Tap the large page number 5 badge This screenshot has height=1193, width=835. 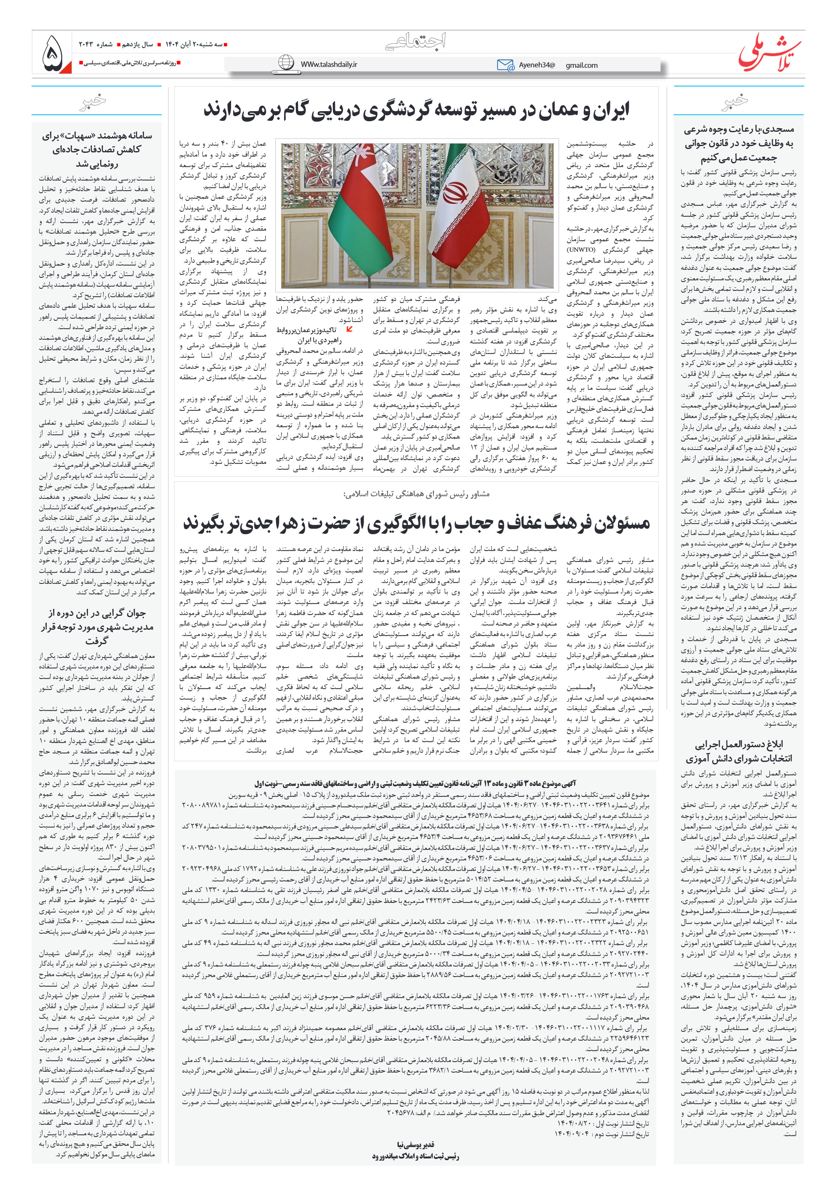click(x=53, y=53)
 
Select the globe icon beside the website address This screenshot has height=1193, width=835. click(x=286, y=63)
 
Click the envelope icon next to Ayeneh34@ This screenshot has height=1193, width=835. click(x=505, y=65)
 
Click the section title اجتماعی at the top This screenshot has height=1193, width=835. click(x=416, y=42)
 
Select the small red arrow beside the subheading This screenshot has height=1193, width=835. click(x=350, y=328)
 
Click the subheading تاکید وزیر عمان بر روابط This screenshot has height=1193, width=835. click(x=306, y=330)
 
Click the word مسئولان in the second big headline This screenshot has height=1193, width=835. click(x=620, y=523)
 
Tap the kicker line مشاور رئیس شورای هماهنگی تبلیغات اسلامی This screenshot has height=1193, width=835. click(x=416, y=494)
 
